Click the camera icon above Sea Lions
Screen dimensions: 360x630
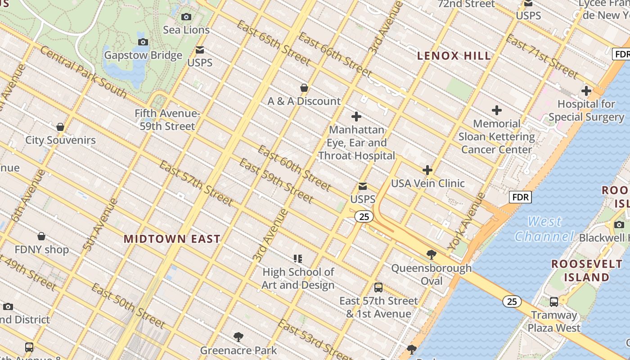click(x=186, y=17)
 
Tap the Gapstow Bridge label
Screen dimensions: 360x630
click(x=143, y=55)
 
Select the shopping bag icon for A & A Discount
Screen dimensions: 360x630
click(x=304, y=88)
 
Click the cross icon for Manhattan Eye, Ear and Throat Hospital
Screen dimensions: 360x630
click(x=356, y=117)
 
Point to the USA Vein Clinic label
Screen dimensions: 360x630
click(x=427, y=183)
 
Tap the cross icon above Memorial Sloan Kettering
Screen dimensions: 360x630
click(x=497, y=110)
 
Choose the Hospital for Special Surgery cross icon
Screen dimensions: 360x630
click(x=586, y=91)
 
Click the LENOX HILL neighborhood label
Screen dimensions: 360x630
click(x=454, y=56)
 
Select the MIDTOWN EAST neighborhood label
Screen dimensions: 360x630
click(x=172, y=239)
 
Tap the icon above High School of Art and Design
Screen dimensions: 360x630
click(x=298, y=259)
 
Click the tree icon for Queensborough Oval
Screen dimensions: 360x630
click(x=432, y=255)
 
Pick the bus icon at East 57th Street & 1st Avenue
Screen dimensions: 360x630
click(x=378, y=288)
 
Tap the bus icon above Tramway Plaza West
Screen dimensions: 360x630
click(x=554, y=301)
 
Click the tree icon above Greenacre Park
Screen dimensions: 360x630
click(x=238, y=337)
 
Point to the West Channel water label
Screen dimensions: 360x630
click(x=544, y=229)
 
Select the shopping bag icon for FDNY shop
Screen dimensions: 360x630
click(x=41, y=236)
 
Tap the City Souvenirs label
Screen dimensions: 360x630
click(x=60, y=140)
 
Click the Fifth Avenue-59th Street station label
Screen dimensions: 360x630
click(x=167, y=120)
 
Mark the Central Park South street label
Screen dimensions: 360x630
click(x=83, y=72)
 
